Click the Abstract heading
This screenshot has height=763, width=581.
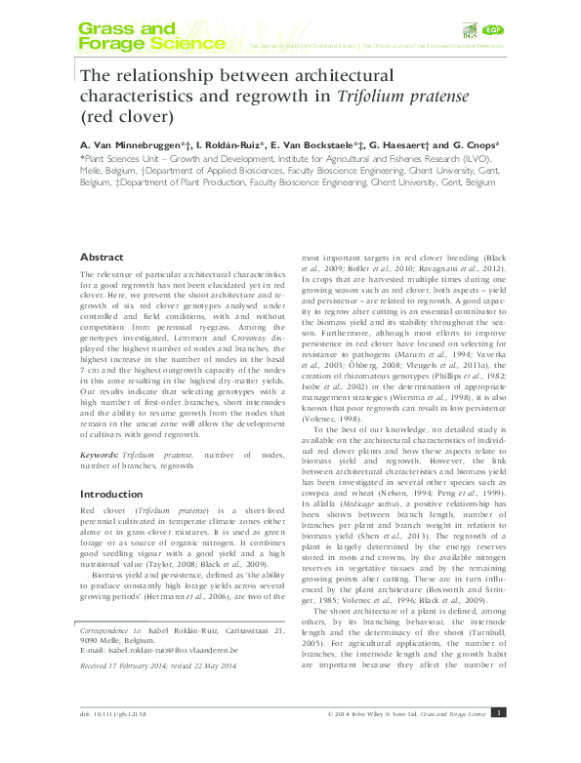point(102,257)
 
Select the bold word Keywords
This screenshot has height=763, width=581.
point(104,455)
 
